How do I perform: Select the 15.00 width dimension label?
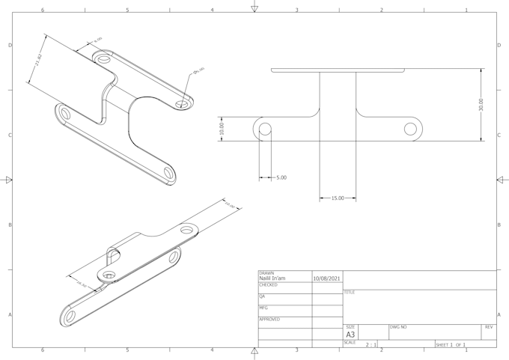pyautogui.click(x=337, y=198)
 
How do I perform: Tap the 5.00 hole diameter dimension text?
pyautogui.click(x=281, y=177)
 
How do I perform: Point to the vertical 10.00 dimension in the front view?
pyautogui.click(x=222, y=128)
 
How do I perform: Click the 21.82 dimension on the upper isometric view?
pyautogui.click(x=39, y=60)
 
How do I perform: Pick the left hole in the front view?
pyautogui.click(x=264, y=129)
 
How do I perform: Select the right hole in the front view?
pyautogui.click(x=410, y=129)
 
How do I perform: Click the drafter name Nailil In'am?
pyautogui.click(x=272, y=278)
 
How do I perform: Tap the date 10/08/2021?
pyautogui.click(x=326, y=278)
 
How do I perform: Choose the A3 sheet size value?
pyautogui.click(x=350, y=335)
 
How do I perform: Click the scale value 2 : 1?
pyautogui.click(x=371, y=344)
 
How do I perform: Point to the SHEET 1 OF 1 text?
pyautogui.click(x=451, y=344)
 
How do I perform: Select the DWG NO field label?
pyautogui.click(x=397, y=327)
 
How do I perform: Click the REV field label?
pyautogui.click(x=488, y=327)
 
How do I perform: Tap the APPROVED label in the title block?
pyautogui.click(x=269, y=320)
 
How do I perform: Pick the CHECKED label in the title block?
pyautogui.click(x=268, y=285)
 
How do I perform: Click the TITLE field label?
pyautogui.click(x=349, y=293)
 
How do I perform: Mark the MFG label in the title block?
pyautogui.click(x=263, y=308)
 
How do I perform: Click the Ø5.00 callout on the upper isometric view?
pyautogui.click(x=199, y=71)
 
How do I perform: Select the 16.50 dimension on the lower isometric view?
pyautogui.click(x=82, y=285)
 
